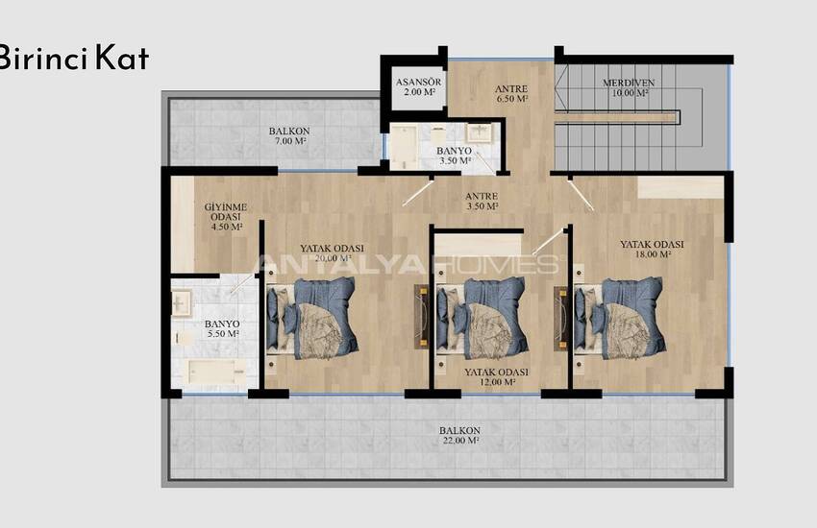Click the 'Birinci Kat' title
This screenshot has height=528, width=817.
[74, 58]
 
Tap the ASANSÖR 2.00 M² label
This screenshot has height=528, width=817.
[418, 86]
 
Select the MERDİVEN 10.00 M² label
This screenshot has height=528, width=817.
[629, 87]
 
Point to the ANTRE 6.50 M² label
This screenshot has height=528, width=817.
[511, 94]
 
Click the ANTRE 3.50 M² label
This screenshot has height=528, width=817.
[482, 202]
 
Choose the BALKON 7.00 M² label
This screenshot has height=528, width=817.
[289, 136]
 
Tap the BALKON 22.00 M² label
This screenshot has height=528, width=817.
[459, 436]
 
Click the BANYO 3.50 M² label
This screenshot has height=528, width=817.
[455, 156]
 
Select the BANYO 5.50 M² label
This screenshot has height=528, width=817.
[222, 328]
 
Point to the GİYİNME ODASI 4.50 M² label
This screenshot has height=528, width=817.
[226, 216]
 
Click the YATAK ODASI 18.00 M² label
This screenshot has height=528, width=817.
[652, 250]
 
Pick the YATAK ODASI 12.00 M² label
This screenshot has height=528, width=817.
[496, 377]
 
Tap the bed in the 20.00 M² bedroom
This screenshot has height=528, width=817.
[312, 318]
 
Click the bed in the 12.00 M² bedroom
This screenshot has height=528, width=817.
[482, 319]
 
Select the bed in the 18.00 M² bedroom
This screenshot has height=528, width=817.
[620, 319]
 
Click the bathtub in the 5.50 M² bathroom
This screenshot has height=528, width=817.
[217, 372]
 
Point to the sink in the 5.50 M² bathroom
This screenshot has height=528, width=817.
[182, 302]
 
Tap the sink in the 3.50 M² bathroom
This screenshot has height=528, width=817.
[479, 132]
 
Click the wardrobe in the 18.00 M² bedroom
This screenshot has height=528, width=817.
[681, 187]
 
